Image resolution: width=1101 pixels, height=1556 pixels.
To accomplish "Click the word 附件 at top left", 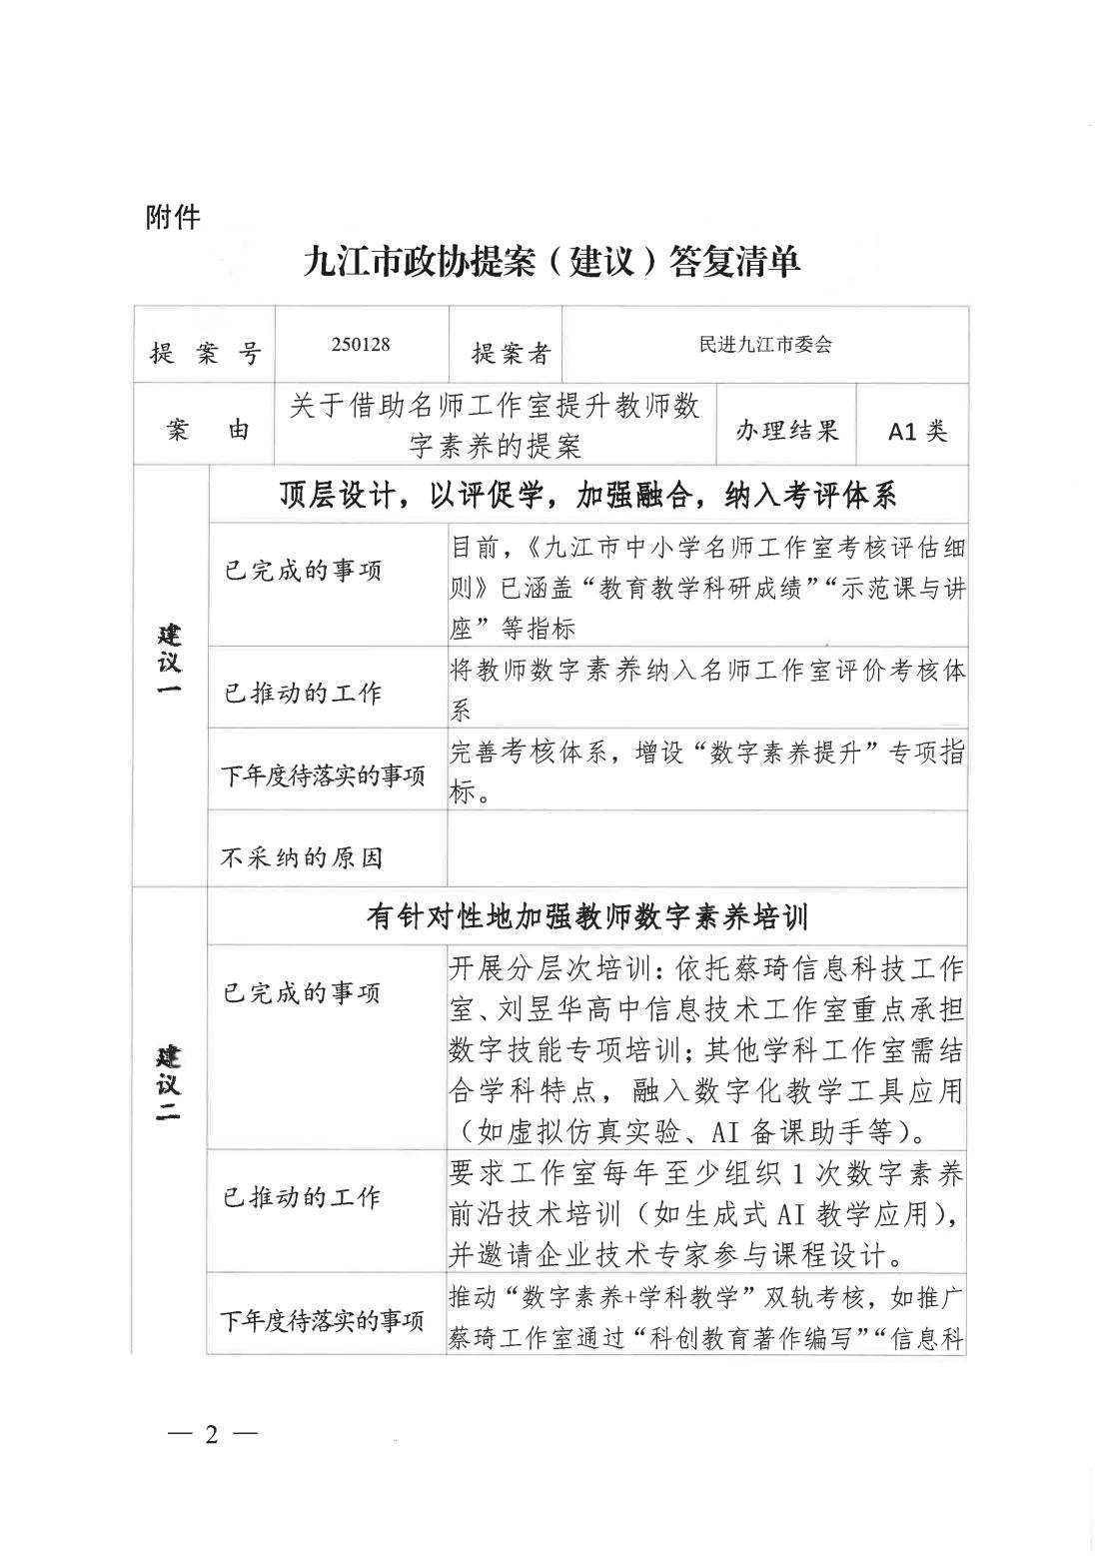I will point(173,216).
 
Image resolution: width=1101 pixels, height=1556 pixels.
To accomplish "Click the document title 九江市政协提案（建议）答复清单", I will point(551,264).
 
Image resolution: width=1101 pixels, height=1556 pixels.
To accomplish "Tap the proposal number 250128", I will point(361,345).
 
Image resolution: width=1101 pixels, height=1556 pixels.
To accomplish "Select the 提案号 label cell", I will point(205,352).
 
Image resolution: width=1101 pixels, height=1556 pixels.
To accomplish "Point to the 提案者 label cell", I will point(511,352).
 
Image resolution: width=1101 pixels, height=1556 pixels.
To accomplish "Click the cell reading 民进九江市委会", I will point(765,345).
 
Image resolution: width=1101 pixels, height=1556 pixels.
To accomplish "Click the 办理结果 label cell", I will point(787,430).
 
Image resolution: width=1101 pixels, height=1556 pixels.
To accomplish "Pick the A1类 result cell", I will point(917,431).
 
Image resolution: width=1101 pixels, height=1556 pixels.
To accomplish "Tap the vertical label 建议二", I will point(170,1084).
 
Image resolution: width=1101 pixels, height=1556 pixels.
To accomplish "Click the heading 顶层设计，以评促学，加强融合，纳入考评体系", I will point(587,495).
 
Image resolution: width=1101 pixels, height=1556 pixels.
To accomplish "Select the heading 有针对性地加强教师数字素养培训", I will point(587,916).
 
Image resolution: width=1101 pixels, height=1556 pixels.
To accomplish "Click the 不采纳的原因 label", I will point(301,857).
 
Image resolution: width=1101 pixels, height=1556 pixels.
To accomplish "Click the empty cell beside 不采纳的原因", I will point(706,848).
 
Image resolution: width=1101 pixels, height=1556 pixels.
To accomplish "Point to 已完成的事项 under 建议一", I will point(302,571).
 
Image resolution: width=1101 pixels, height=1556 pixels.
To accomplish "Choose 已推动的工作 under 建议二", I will point(302,1196).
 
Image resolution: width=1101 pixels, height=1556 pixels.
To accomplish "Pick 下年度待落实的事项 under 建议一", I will point(322,776).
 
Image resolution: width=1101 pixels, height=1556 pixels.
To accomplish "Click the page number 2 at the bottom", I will point(211,1435).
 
